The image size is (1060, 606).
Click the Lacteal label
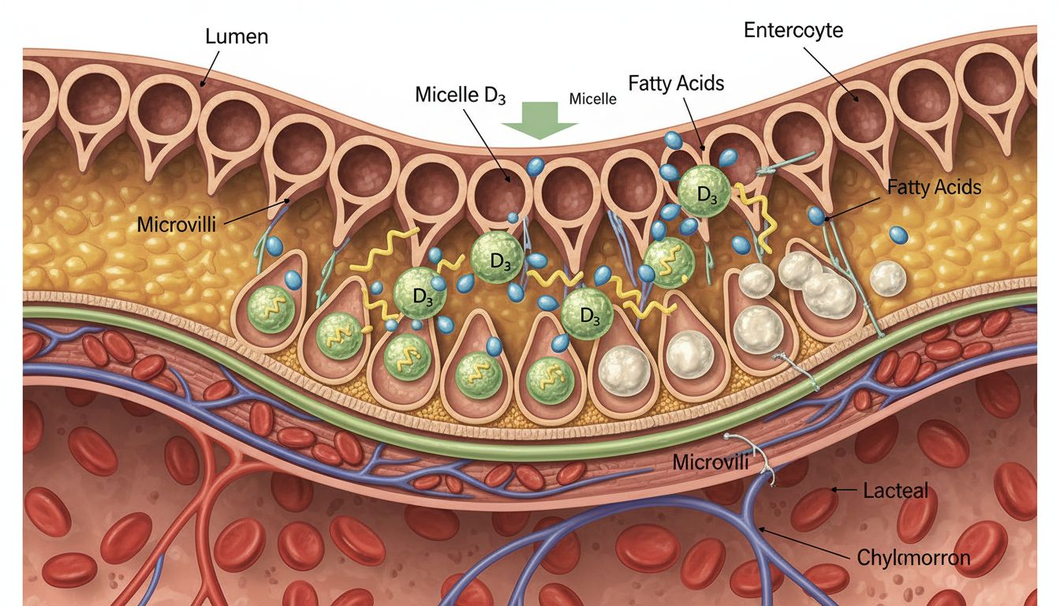895,491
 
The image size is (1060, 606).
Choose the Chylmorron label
913,558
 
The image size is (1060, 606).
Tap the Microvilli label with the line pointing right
176,224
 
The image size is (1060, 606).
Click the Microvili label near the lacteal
711,462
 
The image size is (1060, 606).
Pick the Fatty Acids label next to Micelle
676,83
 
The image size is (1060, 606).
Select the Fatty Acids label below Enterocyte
934,187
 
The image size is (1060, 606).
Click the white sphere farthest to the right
888,278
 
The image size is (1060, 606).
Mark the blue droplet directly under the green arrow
536,166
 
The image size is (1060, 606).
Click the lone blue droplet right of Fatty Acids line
898,234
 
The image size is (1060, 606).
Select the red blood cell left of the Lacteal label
813,509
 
